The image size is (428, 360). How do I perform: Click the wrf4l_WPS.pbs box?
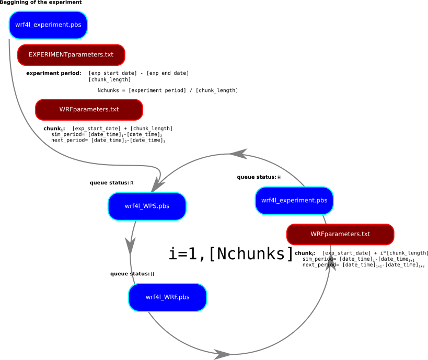tap(147, 206)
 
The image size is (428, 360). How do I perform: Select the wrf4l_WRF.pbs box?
tap(167, 297)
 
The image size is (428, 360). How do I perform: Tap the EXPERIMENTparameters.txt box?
tap(71, 55)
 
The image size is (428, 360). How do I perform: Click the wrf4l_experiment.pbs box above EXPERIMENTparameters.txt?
tap(48, 25)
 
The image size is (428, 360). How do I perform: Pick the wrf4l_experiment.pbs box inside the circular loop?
tap(294, 201)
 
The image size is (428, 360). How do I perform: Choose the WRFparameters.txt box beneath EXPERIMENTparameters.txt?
tap(89, 110)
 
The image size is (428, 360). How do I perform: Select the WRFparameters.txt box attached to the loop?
tap(340, 234)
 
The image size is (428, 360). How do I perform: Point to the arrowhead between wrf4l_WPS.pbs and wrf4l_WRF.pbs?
tap(131, 245)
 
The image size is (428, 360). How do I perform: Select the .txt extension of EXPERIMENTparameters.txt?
tap(107, 55)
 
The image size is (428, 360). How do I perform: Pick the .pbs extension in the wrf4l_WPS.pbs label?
tap(164, 206)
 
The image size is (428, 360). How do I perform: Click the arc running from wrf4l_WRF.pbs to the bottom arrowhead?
tap(178, 339)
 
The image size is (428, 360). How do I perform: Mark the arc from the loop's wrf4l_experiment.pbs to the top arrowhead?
tap(277, 163)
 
